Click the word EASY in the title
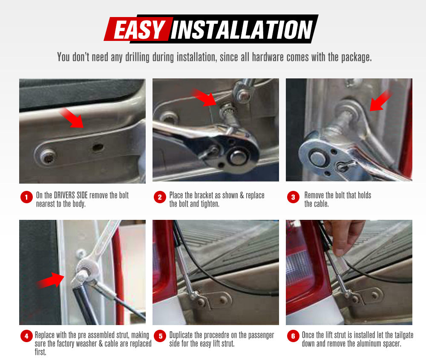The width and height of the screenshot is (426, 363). (x=139, y=30)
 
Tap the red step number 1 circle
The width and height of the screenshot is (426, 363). (x=26, y=198)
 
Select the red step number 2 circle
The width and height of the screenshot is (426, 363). (x=160, y=198)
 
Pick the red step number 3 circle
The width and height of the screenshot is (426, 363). (x=293, y=198)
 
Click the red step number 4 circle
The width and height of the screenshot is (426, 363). (x=26, y=336)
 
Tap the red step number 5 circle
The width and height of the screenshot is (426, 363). (x=160, y=336)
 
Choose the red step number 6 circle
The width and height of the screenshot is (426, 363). (x=293, y=336)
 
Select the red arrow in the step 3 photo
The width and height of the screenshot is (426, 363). (x=381, y=101)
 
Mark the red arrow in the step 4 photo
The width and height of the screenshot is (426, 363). (x=51, y=280)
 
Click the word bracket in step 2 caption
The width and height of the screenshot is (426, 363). (x=199, y=195)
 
